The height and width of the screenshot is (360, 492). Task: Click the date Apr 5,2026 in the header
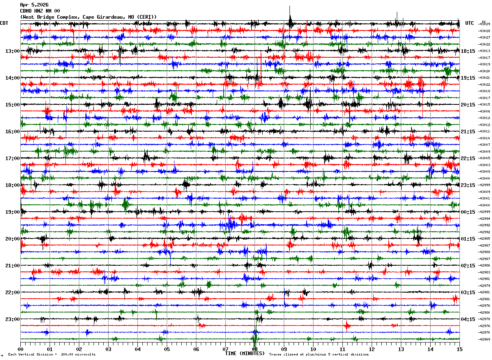pos(34,5)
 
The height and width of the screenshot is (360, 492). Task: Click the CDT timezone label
pos(4,23)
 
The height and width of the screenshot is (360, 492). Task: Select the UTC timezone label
pos(469,23)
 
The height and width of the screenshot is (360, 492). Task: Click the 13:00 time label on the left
pos(13,51)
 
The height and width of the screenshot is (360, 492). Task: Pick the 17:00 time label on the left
pos(13,158)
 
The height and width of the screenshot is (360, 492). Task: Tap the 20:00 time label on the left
pos(13,239)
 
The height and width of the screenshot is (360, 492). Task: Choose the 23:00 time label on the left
pos(13,319)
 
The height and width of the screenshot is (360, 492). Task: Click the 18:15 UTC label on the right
pos(468,51)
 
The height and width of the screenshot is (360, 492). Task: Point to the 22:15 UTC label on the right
pos(468,158)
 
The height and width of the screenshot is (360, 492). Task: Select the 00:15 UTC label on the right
pos(468,212)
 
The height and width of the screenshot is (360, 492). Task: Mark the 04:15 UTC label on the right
pos(468,319)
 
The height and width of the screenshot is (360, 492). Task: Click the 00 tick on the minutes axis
pos(20,349)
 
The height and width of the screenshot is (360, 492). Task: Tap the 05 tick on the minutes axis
pos(167,349)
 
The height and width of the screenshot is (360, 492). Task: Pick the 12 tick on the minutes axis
pos(372,349)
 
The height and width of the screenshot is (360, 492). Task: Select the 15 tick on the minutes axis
pos(459,349)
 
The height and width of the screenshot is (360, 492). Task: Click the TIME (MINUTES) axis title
pos(245,353)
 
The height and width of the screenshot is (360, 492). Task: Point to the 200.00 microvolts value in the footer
pos(78,355)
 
